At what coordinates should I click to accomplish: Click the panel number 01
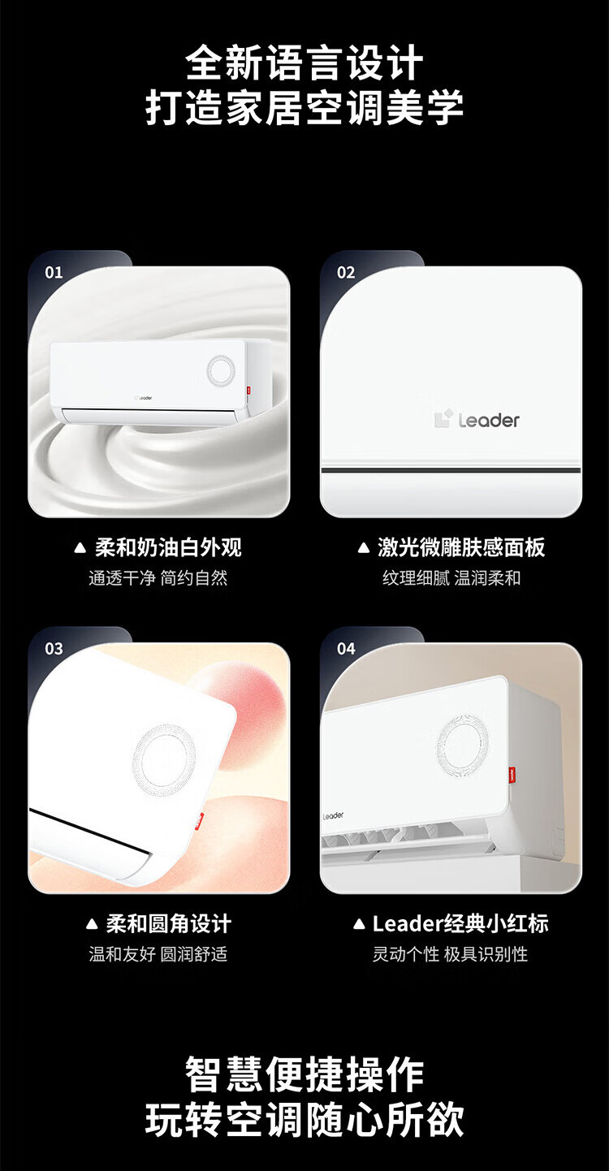tap(54, 272)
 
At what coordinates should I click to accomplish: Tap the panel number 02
tap(346, 272)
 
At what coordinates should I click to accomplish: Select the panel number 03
tap(54, 649)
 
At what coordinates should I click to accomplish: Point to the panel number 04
tap(346, 649)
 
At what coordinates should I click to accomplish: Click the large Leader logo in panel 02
tap(477, 420)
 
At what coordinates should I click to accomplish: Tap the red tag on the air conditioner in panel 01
tap(248, 390)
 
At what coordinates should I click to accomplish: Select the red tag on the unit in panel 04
tap(512, 773)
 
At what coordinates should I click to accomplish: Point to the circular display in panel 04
tap(463, 743)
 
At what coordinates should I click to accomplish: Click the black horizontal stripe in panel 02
tap(451, 470)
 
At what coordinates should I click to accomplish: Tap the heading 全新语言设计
tap(304, 63)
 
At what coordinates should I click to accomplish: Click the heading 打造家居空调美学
tap(304, 108)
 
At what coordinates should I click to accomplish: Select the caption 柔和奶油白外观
tap(168, 547)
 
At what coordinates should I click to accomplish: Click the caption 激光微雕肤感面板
tap(461, 547)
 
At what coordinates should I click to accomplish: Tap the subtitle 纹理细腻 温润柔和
tap(451, 578)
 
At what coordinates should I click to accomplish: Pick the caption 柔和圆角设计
tap(168, 924)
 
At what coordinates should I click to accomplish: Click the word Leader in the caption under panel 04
tap(408, 924)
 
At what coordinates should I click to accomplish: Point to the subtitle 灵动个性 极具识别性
tap(450, 954)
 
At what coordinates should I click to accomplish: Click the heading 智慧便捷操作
tap(304, 1074)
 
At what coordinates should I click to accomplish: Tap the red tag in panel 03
tap(199, 821)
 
